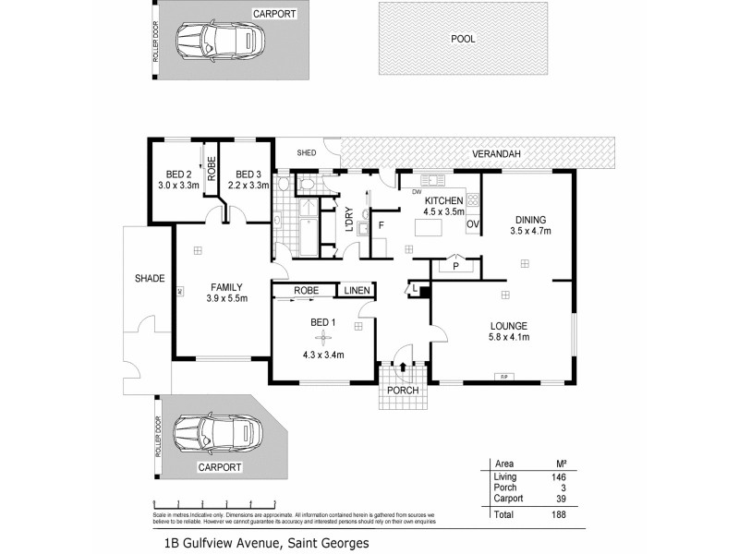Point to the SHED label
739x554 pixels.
pos(306,153)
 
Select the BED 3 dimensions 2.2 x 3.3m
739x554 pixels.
pos(248,185)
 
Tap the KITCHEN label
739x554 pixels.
pos(443,200)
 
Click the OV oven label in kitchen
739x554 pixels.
pos(472,224)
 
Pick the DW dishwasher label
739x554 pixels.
pos(404,192)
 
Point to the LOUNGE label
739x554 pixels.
pos(509,325)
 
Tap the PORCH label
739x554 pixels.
pos(404,390)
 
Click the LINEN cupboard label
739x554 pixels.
pos(357,291)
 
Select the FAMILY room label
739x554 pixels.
pos(225,286)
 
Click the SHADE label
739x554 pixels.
pos(150,277)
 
